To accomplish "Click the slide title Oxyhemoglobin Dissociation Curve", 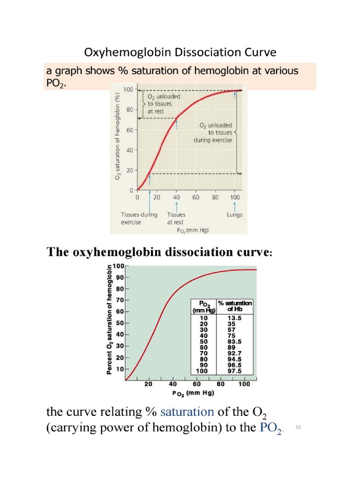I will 180,52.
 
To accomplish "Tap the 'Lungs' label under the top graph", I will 234,215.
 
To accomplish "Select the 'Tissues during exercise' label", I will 139,218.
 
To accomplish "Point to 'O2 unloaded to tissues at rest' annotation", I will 164,104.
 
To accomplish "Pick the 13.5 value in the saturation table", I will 234,317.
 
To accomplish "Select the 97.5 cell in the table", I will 234,370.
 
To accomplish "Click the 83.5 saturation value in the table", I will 234,341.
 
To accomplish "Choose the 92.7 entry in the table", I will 234,353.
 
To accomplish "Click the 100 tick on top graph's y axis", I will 127,89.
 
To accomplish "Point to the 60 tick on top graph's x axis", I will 195,197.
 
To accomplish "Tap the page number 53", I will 298,427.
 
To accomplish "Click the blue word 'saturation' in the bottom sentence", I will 187,412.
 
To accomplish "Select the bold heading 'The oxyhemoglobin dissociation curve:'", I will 159,252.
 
